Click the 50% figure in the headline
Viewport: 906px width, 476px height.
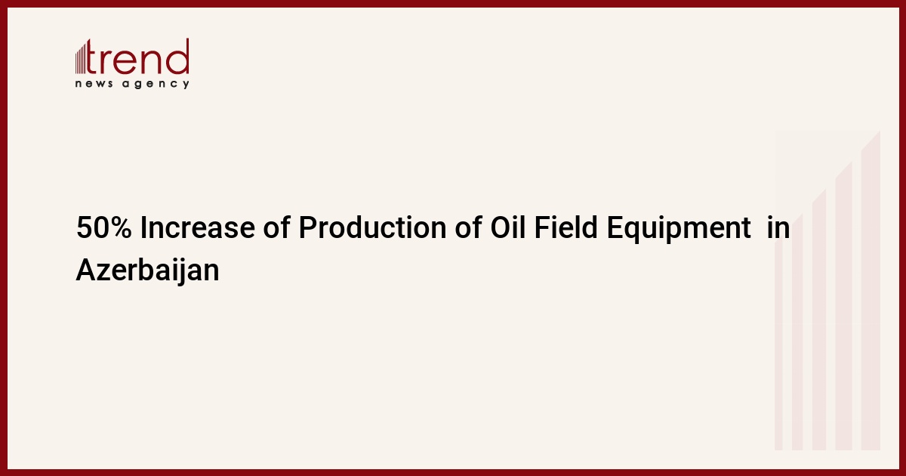coord(104,227)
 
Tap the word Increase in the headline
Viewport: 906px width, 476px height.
coord(197,227)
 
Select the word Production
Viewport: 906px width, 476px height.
coord(372,227)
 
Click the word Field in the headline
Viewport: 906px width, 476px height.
coord(565,227)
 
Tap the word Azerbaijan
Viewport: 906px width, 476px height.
coord(148,270)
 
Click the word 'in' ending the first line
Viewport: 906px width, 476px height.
coord(778,227)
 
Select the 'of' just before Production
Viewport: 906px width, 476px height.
coord(276,227)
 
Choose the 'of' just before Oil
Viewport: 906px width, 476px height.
coord(468,227)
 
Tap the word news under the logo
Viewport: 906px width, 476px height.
coord(94,84)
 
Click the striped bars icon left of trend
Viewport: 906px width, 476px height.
coord(81,58)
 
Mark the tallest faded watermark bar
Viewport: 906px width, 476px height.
coord(871,291)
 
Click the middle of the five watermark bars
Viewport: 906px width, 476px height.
coord(819,320)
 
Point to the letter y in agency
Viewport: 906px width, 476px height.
coord(186,85)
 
